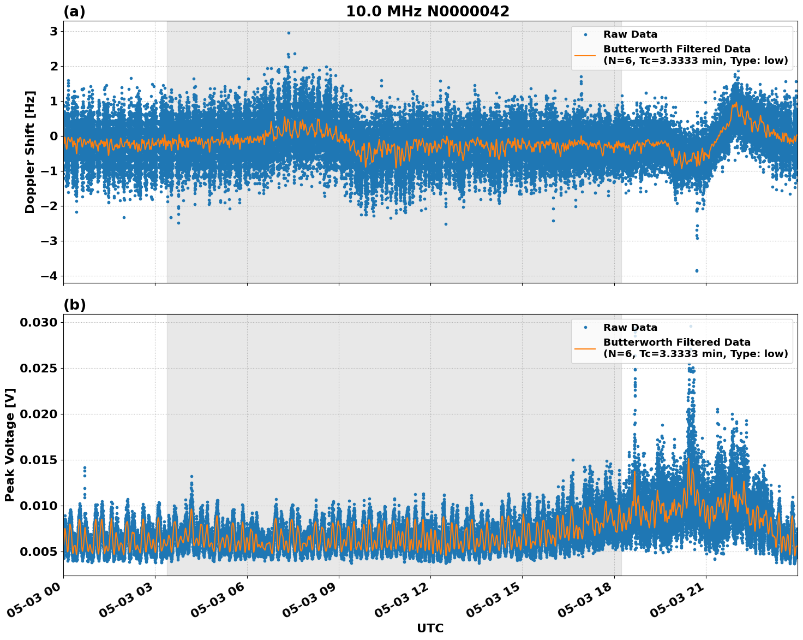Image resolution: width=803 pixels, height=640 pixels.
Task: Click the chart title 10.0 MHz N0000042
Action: pyautogui.click(x=427, y=11)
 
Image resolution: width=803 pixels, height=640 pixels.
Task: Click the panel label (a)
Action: pyautogui.click(x=74, y=11)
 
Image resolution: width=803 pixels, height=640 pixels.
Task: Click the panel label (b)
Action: pyautogui.click(x=74, y=305)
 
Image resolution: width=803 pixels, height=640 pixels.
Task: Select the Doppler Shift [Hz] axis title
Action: pyautogui.click(x=30, y=152)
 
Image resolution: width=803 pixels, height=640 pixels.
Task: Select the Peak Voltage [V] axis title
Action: pyautogui.click(x=10, y=445)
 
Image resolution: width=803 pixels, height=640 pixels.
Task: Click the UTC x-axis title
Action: pyautogui.click(x=430, y=628)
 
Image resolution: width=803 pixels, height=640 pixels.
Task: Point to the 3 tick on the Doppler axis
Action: pyautogui.click(x=53, y=32)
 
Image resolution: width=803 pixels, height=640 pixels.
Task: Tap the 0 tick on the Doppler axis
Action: pyautogui.click(x=53, y=136)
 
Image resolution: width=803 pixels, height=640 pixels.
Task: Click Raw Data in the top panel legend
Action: pyautogui.click(x=630, y=35)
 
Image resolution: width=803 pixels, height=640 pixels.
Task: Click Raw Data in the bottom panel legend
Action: pyautogui.click(x=630, y=328)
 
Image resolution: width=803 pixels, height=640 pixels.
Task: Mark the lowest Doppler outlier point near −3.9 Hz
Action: pyautogui.click(x=697, y=271)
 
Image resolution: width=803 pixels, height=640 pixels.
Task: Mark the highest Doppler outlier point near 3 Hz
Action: pyautogui.click(x=289, y=33)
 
